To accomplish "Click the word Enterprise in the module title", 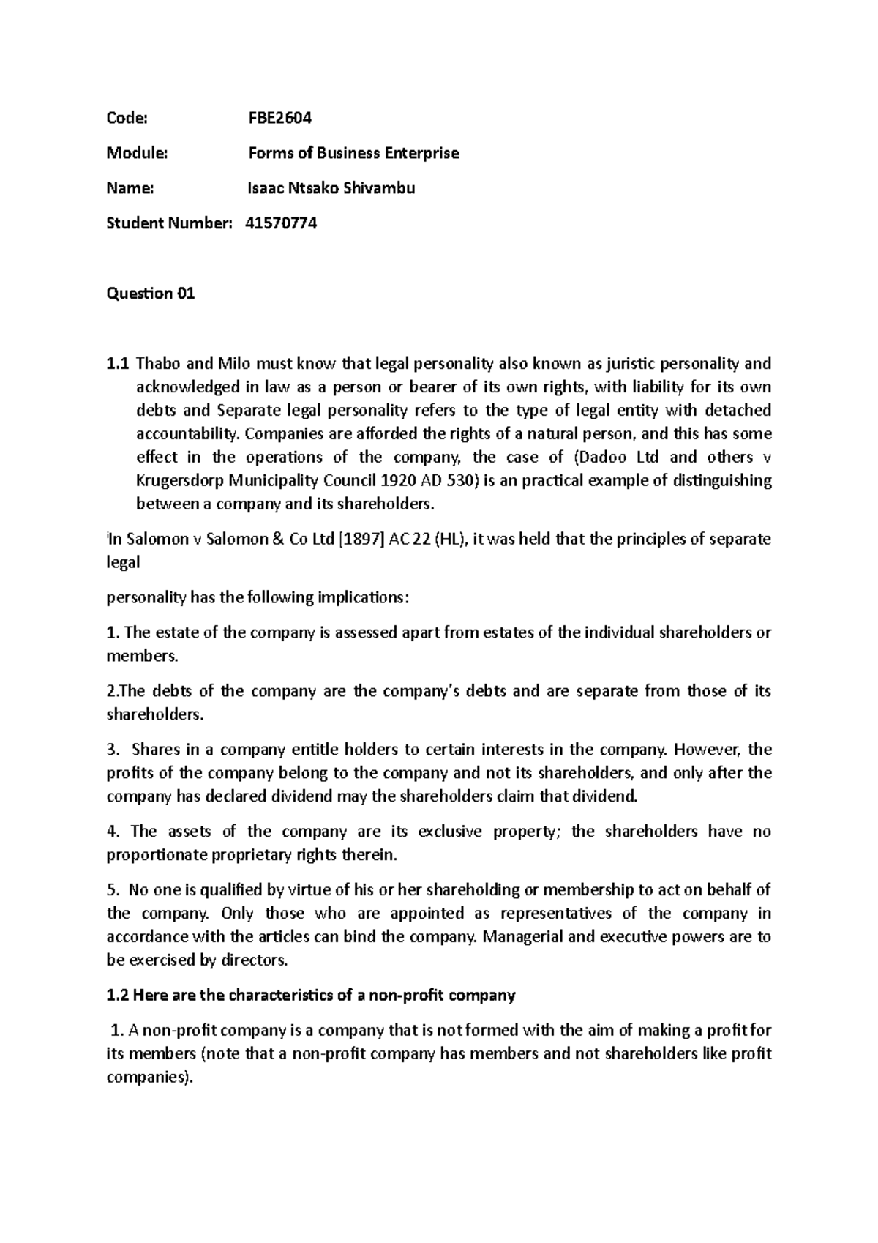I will (x=424, y=153).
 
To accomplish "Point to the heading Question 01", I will (x=151, y=294).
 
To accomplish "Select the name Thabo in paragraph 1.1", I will (x=158, y=364).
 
